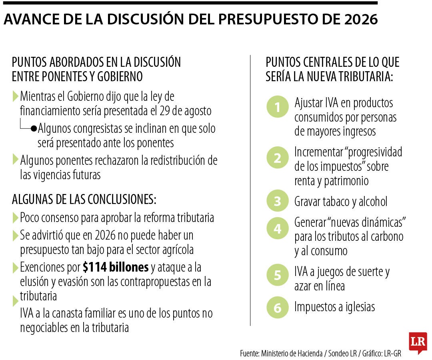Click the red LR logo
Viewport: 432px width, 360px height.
coord(418,342)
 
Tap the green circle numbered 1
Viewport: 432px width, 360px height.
coord(277,107)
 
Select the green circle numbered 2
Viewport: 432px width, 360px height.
coord(277,158)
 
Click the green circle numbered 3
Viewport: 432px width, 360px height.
coord(277,202)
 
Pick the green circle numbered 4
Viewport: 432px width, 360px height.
coord(277,229)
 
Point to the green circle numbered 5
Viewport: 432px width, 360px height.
coord(277,276)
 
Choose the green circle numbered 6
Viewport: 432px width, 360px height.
coord(277,308)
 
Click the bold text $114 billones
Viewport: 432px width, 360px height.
coord(116,267)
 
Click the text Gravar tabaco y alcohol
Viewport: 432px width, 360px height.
coord(341,202)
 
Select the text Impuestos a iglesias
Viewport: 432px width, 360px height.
coord(334,307)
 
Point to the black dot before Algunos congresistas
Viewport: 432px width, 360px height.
coord(34,129)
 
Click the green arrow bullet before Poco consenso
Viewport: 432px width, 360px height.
coord(15,218)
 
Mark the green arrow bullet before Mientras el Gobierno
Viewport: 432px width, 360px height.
coord(15,96)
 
